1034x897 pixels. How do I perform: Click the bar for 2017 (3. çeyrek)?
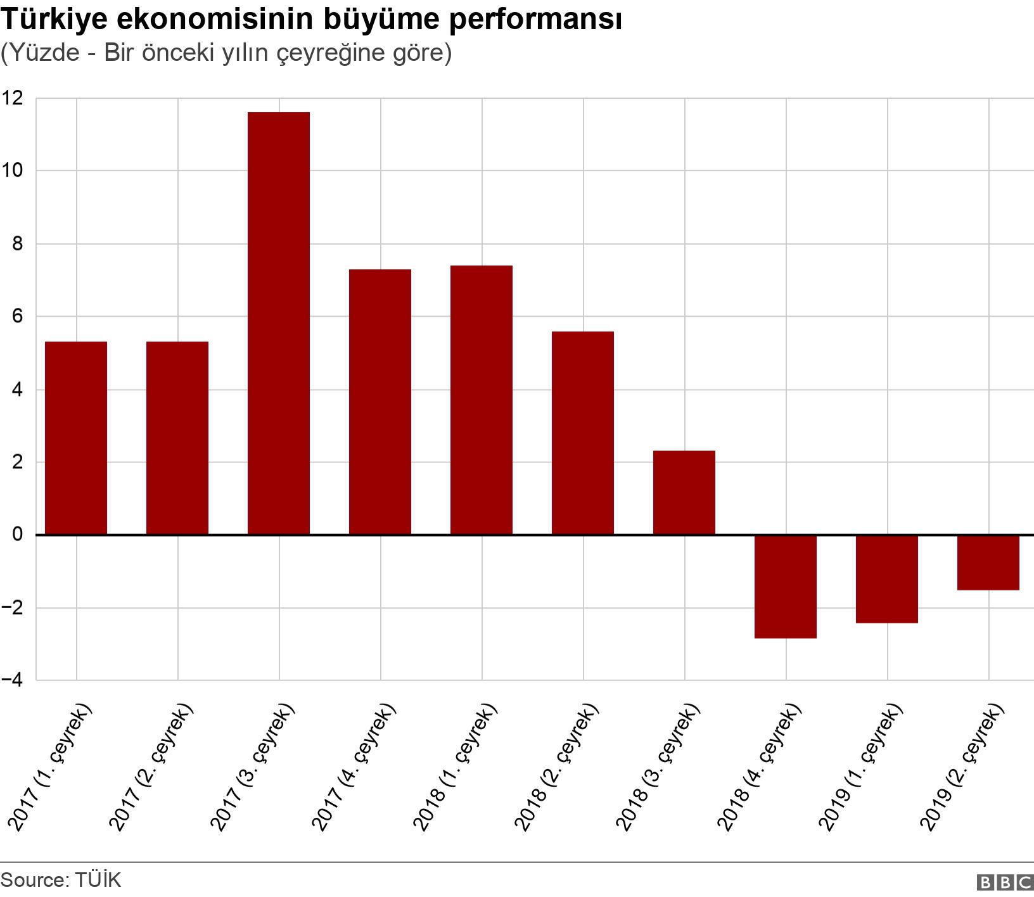tap(279, 323)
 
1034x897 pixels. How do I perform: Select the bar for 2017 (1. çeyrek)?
tap(76, 438)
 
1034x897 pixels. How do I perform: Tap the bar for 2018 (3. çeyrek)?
tap(684, 493)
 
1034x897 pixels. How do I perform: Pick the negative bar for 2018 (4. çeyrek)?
tap(786, 587)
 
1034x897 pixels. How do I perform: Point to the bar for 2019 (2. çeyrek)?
tap(988, 563)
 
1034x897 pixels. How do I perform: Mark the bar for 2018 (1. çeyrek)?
tap(482, 400)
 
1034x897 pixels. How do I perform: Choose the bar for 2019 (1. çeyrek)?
tap(887, 579)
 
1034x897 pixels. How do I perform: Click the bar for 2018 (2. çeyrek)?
tap(583, 433)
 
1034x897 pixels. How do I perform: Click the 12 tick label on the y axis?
tap(13, 98)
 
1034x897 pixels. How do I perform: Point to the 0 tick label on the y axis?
tap(17, 535)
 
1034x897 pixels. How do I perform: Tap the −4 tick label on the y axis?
tap(12, 680)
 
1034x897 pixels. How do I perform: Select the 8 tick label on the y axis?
tap(17, 244)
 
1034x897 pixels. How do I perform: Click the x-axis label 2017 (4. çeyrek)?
tap(355, 767)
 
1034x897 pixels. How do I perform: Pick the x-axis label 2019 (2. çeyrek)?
tap(964, 767)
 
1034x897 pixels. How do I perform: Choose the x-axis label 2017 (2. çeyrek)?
tap(153, 767)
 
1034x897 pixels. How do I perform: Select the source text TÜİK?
tap(98, 881)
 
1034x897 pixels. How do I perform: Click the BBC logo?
tap(1005, 882)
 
